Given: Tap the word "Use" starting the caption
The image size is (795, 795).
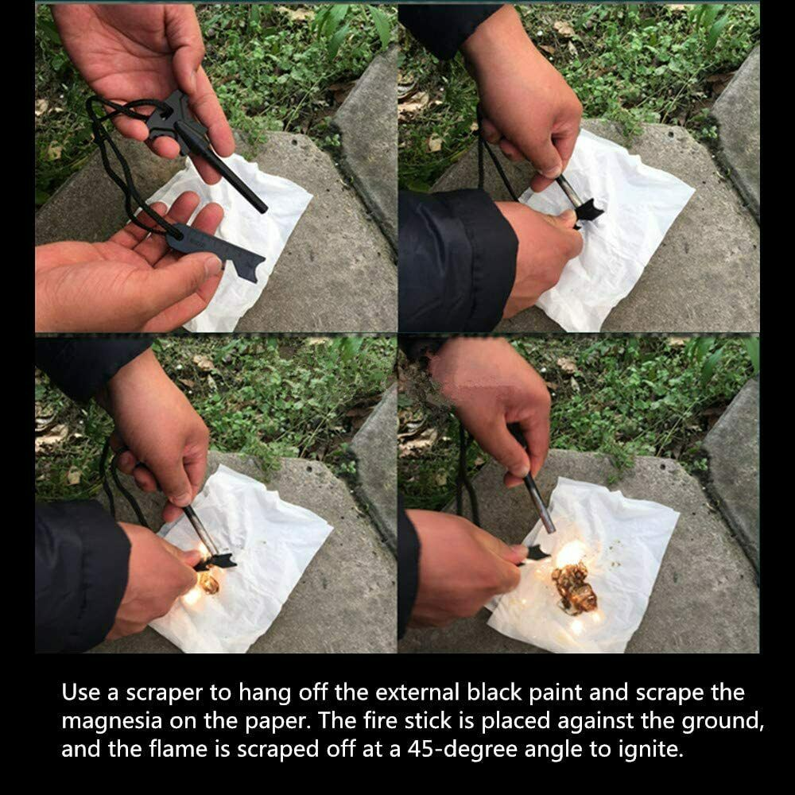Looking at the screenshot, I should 80,692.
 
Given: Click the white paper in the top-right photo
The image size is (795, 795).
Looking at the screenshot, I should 636,238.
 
